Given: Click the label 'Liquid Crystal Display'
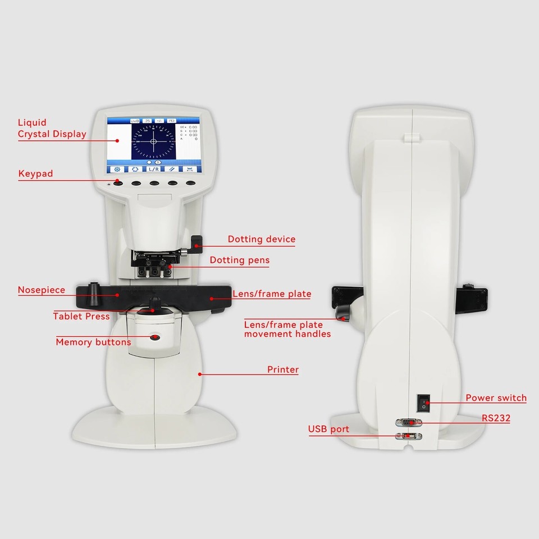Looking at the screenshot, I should pos(52,128).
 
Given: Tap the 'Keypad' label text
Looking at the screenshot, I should pos(35,173).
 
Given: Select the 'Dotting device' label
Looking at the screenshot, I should pos(261,239).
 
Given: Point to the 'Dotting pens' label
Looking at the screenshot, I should pos(239,260).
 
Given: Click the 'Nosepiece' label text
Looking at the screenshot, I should pos(41,290).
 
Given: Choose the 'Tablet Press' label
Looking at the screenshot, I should pos(81,316).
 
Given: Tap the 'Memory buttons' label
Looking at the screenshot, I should pos(93,342).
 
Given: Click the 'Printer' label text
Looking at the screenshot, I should pos(282,369).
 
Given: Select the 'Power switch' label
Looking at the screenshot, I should pos(496,398).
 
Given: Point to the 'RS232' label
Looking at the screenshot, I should pos(495,418).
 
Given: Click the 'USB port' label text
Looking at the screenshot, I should pos(328,429).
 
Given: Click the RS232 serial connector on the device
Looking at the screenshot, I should pos(408,422).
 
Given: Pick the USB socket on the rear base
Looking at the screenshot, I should pos(408,436).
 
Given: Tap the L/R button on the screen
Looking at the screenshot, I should pos(153,168).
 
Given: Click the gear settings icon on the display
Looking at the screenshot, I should pos(117,168).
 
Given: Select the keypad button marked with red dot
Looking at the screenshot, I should pos(118,183).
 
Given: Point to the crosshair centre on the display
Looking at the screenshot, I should pos(153,141).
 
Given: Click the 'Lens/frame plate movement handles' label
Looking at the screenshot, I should pos(287,329).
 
